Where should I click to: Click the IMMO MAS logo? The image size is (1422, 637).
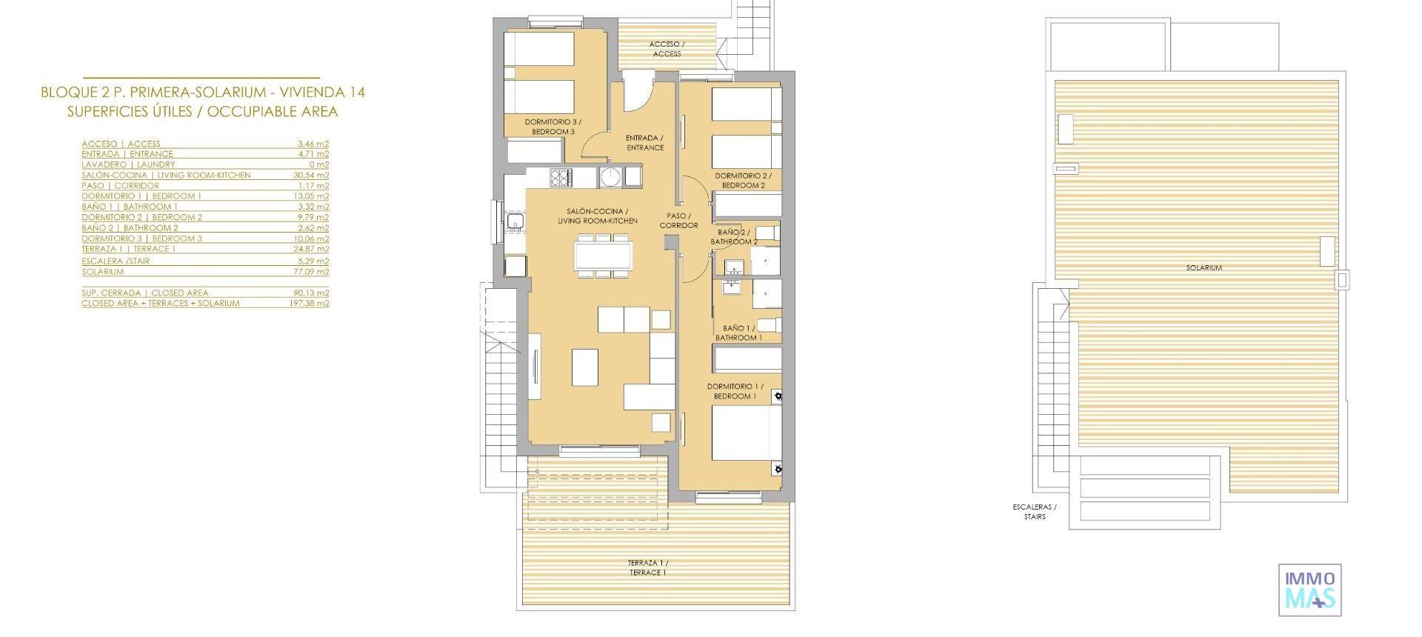[x=1310, y=590]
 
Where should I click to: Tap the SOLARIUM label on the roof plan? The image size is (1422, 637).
[x=1204, y=268]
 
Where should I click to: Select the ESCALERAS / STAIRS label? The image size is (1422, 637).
[x=1035, y=512]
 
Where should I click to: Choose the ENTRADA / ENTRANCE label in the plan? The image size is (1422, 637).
[x=644, y=143]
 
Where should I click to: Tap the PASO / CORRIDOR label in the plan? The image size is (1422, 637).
[x=679, y=221]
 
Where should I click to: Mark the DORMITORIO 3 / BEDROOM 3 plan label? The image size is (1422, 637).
[x=553, y=127]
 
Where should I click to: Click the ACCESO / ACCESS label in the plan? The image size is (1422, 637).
[x=667, y=49]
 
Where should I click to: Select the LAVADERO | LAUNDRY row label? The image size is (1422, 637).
[x=128, y=165]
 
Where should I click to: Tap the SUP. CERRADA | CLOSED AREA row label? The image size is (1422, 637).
[x=144, y=293]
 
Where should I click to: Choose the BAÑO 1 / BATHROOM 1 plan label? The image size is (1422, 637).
[x=738, y=333]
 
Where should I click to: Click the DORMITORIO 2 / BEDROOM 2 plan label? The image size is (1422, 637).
[x=743, y=181]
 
